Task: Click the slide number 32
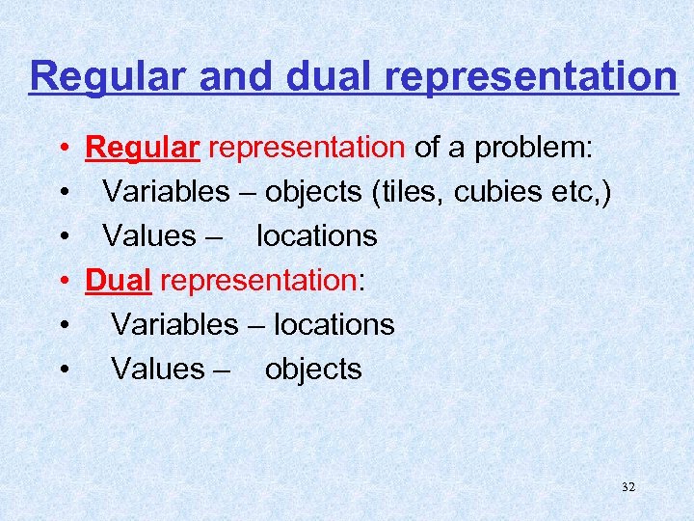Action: (x=628, y=487)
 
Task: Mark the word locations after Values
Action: (x=316, y=235)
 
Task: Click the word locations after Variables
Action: (x=334, y=324)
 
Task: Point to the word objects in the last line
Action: (x=313, y=369)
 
